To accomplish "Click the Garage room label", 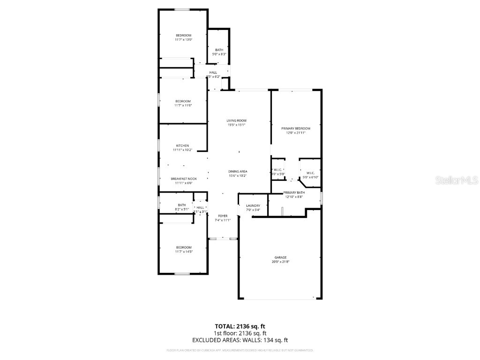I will tap(280, 257).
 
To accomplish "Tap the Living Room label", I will tap(236, 120).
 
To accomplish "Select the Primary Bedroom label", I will tap(296, 128).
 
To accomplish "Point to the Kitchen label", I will tap(182, 146).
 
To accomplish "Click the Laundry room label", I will tap(253, 206).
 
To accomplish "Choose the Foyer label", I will tap(223, 216).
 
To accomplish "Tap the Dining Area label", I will tap(238, 172).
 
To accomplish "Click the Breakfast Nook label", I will tap(183, 179).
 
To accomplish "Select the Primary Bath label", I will tap(294, 193).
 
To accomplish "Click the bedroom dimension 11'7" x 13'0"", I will tap(183, 40).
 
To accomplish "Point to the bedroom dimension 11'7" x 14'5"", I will tap(183, 252).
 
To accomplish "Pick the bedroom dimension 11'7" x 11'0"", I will tap(183, 105).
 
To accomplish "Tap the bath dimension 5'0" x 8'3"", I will tap(219, 54).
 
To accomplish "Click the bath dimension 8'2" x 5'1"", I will tap(182, 209).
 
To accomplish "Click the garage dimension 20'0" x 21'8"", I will tap(280, 262).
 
